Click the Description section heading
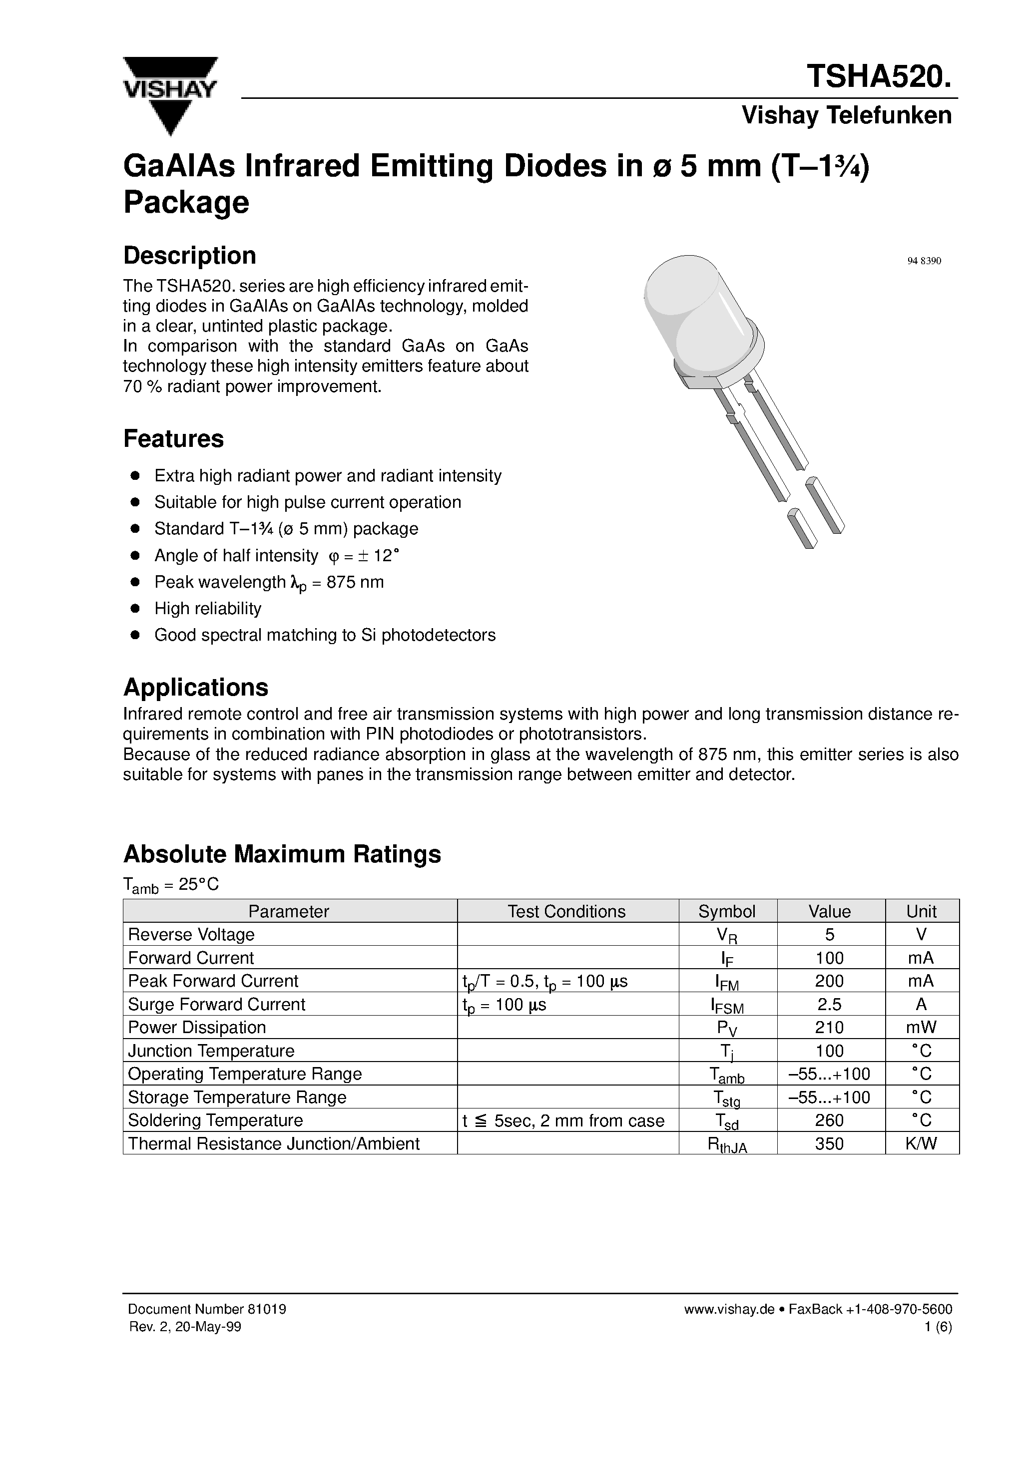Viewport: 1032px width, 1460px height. point(190,256)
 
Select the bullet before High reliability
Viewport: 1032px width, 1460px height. point(135,609)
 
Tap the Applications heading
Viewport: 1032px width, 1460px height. point(195,688)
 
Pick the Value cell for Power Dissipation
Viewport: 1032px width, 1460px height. point(829,1028)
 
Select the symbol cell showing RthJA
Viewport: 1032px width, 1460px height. point(727,1144)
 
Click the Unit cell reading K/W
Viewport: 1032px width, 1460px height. point(921,1143)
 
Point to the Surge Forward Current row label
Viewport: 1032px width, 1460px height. point(216,1004)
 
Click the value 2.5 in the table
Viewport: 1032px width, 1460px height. point(829,1004)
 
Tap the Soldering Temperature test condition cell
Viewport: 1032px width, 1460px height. point(564,1120)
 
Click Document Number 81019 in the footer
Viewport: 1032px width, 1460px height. point(207,1309)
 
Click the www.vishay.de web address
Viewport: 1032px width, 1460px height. point(728,1309)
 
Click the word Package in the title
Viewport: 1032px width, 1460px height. point(186,202)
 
